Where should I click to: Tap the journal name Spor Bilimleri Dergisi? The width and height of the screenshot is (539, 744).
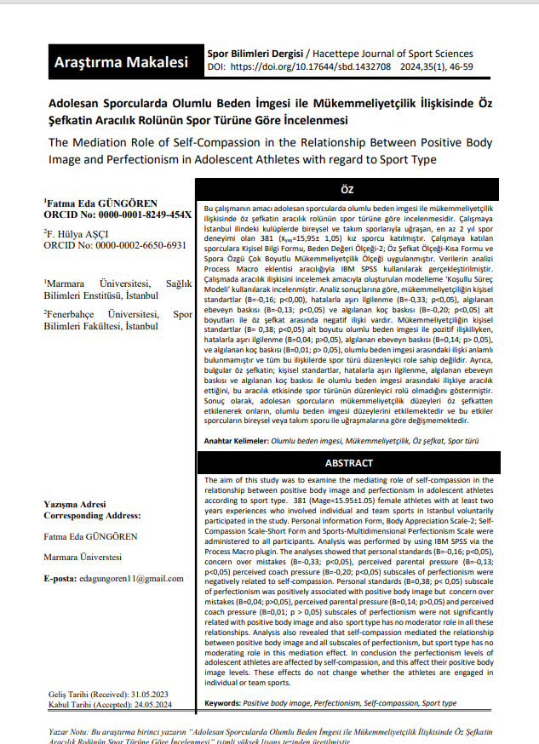[x=255, y=53]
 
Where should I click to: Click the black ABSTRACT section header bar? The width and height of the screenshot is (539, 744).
[x=348, y=463]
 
